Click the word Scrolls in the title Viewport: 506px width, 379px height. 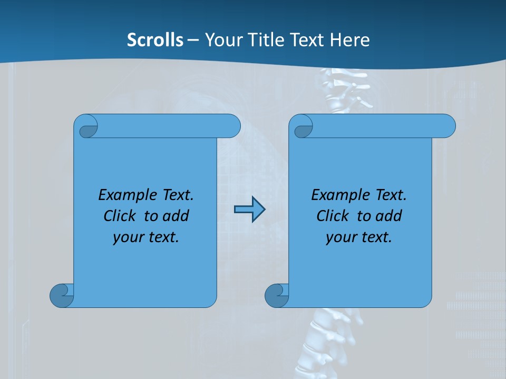pyautogui.click(x=155, y=40)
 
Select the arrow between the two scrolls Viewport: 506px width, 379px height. pyautogui.click(x=249, y=210)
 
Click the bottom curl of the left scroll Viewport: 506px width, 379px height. pyautogui.click(x=61, y=295)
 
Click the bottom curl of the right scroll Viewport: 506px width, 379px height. pyautogui.click(x=276, y=295)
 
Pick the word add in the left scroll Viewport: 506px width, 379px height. pyautogui.click(x=176, y=216)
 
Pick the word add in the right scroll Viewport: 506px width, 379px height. pyautogui.click(x=388, y=216)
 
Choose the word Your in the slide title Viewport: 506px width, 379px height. pyautogui.click(x=222, y=40)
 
